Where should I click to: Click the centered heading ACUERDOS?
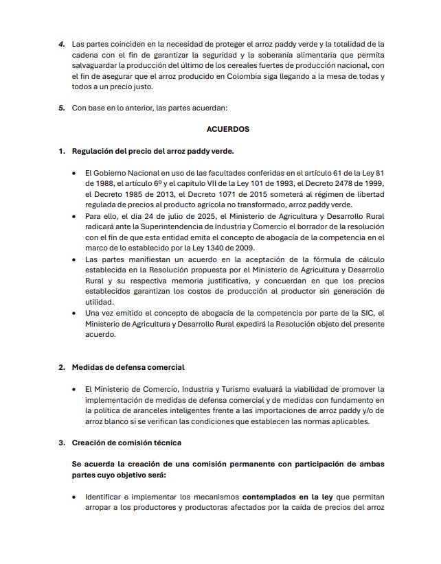(x=227, y=129)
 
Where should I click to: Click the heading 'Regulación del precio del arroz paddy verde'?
(x=157, y=151)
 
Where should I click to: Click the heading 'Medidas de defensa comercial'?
(x=128, y=368)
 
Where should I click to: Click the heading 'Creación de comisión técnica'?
(x=126, y=443)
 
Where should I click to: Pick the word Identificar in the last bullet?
(x=105, y=496)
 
